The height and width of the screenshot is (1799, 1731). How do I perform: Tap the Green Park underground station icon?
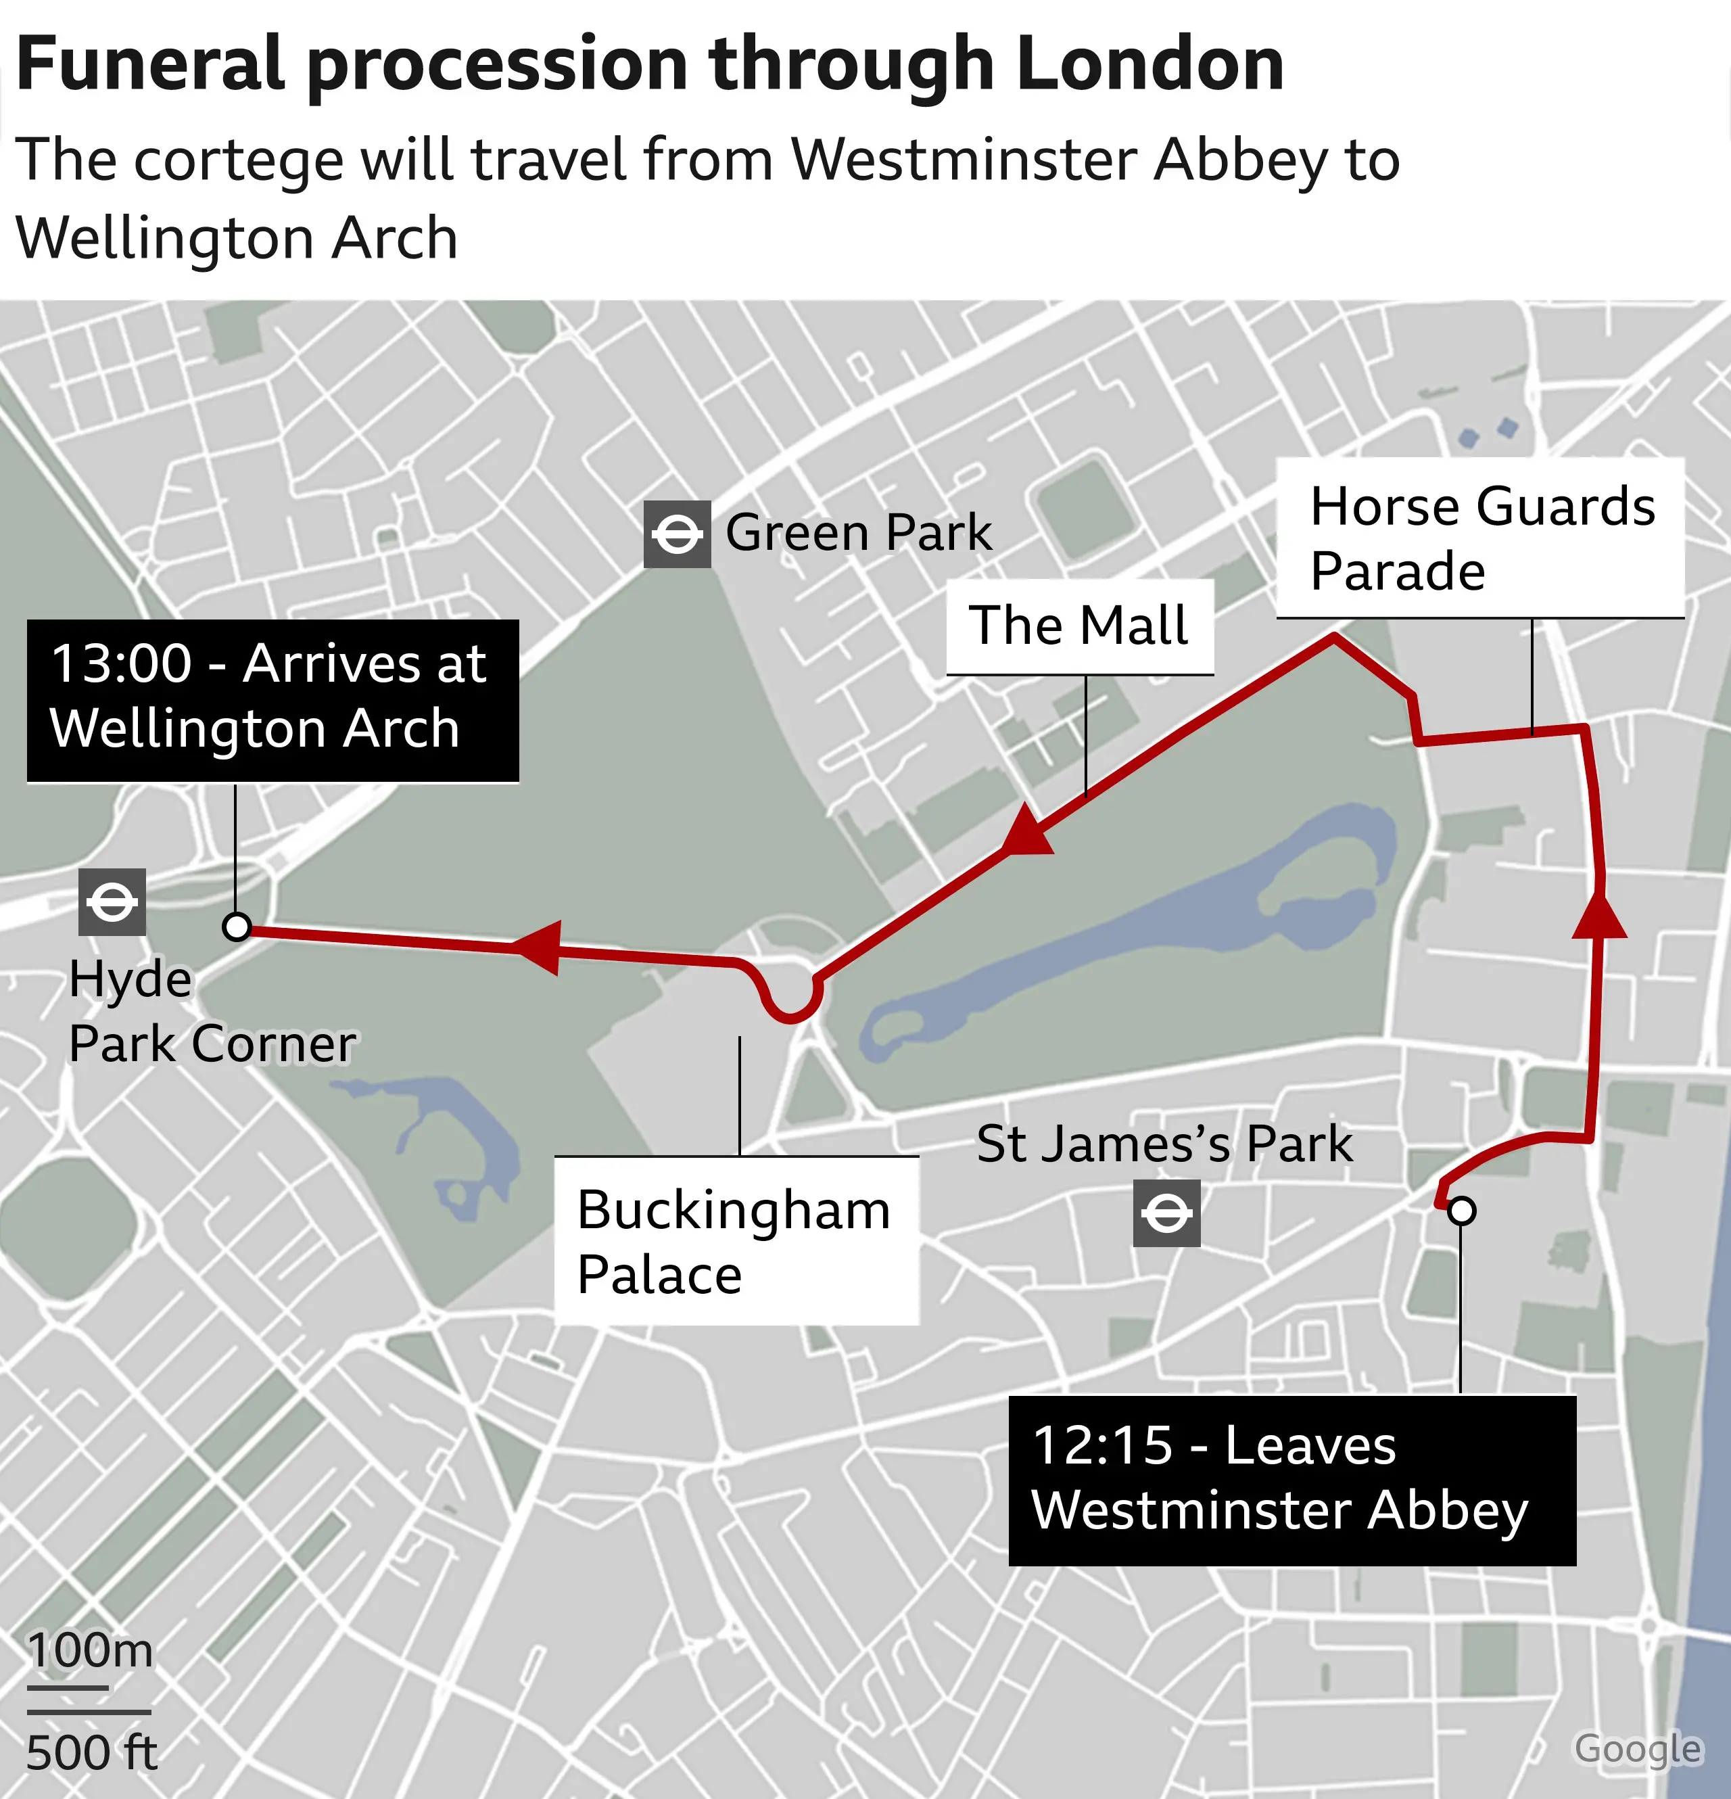pyautogui.click(x=676, y=534)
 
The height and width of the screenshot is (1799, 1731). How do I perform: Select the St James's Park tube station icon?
pyautogui.click(x=1166, y=1213)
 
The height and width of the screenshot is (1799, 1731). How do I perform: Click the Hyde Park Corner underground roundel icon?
pyautogui.click(x=112, y=902)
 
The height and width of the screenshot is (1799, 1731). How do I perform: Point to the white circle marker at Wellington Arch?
pyautogui.click(x=237, y=927)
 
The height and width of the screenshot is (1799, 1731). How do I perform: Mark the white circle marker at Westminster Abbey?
pyautogui.click(x=1462, y=1211)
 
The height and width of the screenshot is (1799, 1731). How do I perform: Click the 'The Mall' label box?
pyautogui.click(x=1079, y=626)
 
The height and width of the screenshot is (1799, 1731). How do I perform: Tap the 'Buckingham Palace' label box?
pyautogui.click(x=736, y=1241)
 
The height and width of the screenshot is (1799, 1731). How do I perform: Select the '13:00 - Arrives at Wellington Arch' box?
pyautogui.click(x=272, y=701)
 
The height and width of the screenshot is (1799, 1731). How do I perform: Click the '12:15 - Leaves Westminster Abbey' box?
pyautogui.click(x=1291, y=1480)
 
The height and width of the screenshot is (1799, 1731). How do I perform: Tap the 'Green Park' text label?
pyautogui.click(x=858, y=532)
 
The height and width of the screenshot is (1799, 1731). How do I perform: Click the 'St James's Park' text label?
pyautogui.click(x=1164, y=1144)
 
